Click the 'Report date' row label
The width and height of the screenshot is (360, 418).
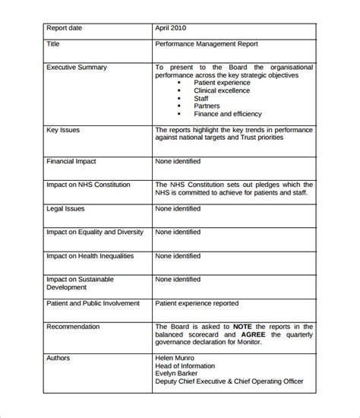(x=65, y=28)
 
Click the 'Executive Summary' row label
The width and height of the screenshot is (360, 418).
(x=77, y=68)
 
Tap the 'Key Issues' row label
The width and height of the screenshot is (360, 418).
(x=63, y=131)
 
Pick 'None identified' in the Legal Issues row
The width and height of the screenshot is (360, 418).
(x=178, y=208)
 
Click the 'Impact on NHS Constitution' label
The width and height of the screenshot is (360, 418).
(x=88, y=185)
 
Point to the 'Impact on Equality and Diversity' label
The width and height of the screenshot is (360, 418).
(x=96, y=232)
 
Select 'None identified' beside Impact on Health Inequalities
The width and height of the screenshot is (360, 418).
(x=178, y=255)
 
